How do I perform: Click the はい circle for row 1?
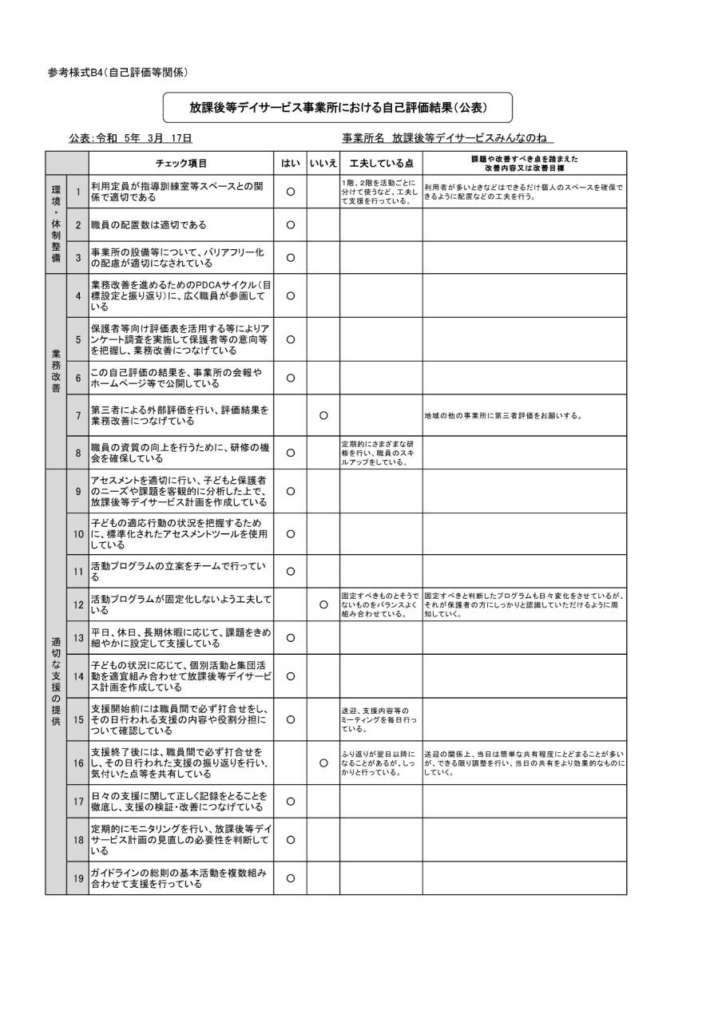[291, 192]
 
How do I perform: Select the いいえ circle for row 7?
[323, 415]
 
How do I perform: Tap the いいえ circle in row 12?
[323, 604]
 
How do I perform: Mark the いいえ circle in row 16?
[323, 763]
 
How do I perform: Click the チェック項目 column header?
[181, 163]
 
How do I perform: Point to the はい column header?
[291, 163]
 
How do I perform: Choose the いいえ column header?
[323, 163]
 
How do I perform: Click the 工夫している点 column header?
[381, 163]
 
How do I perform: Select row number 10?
[78, 533]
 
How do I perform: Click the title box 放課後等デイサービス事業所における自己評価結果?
[338, 106]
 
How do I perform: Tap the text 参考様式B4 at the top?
[117, 72]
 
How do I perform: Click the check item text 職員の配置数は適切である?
[149, 225]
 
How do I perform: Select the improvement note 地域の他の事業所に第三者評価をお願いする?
[503, 416]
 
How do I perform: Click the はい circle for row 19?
[291, 878]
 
